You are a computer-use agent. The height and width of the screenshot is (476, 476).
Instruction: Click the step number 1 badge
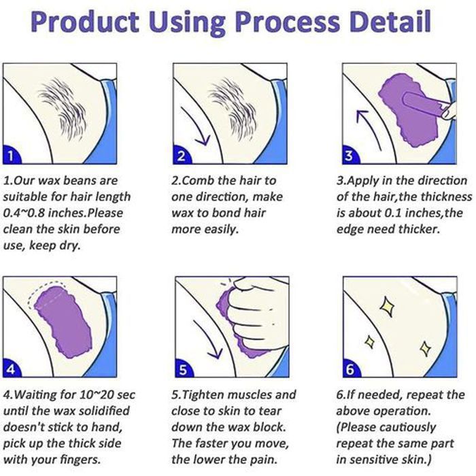click(x=11, y=156)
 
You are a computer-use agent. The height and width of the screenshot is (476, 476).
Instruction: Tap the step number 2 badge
click(x=181, y=156)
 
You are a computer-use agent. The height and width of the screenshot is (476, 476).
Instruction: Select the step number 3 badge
click(x=350, y=156)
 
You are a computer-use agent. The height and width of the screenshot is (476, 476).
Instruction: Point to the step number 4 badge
click(x=11, y=369)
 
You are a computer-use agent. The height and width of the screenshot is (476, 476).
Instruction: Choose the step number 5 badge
click(x=183, y=369)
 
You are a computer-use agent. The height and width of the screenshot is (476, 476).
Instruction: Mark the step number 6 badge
click(x=351, y=369)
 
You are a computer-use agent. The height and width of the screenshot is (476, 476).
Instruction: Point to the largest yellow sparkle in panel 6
click(x=388, y=307)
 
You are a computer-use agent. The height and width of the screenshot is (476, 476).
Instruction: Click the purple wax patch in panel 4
click(x=63, y=322)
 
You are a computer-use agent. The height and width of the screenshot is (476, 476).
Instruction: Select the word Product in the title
click(x=85, y=22)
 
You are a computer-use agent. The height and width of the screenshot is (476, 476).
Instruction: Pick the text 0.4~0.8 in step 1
click(x=24, y=213)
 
